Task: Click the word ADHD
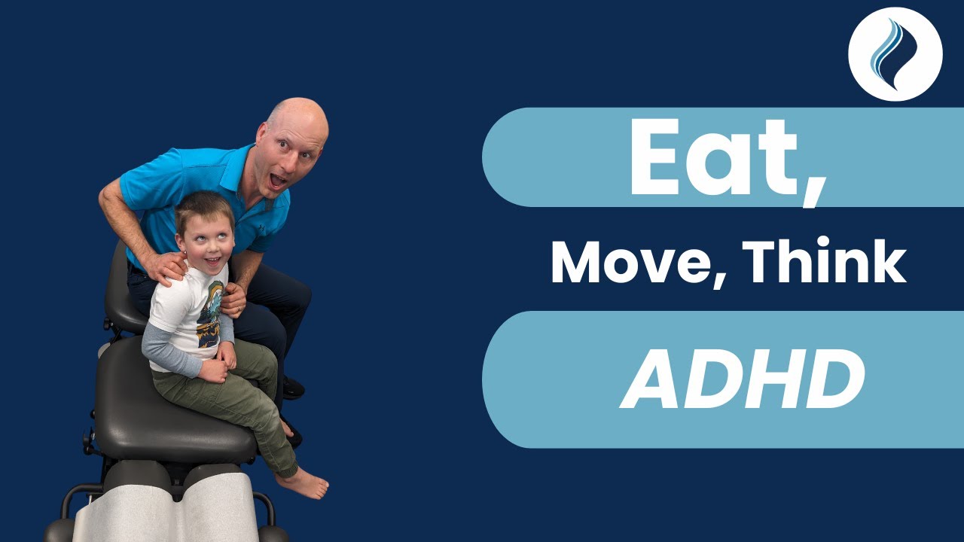[x=742, y=380]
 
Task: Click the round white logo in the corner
[x=895, y=54]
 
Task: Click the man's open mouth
[x=278, y=181]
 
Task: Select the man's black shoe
[x=294, y=388]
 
